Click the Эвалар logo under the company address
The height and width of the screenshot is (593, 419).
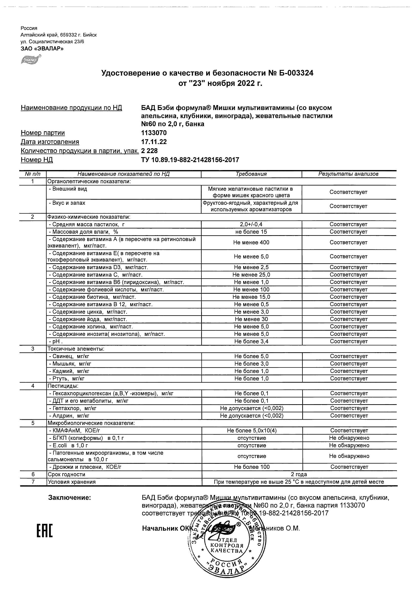coord(31,60)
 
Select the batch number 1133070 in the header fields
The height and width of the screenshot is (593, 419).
coord(154,133)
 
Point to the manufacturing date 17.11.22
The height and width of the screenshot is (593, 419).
coord(154,142)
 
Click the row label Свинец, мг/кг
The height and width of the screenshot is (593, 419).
coord(69,356)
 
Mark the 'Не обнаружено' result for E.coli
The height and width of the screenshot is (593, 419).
coord(349,446)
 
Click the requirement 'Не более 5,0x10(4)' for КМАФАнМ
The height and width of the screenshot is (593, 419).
coord(252,431)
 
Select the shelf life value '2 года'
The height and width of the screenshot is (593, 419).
coord(299,474)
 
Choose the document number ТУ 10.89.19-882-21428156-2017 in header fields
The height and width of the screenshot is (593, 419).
coord(190,160)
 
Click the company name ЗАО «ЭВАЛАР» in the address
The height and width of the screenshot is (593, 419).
coord(42,48)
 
